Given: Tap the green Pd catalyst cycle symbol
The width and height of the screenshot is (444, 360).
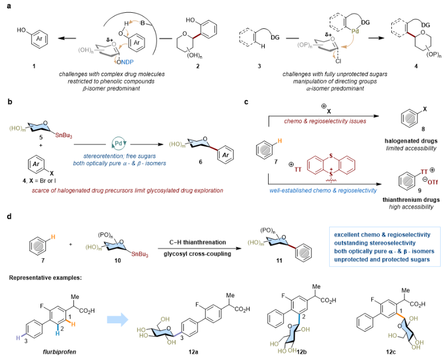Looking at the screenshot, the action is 119,143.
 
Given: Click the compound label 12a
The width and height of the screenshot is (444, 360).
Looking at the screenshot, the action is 194,352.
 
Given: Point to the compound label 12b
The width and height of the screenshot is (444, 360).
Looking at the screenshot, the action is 301,352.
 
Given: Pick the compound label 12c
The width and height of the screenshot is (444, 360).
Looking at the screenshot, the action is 390,352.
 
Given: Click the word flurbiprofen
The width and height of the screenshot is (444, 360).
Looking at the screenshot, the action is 59,352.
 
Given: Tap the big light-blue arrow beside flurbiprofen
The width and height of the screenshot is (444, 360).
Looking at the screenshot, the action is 118,320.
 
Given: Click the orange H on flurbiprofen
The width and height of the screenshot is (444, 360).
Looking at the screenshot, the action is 73,323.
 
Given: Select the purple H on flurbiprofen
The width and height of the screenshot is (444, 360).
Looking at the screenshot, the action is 18,338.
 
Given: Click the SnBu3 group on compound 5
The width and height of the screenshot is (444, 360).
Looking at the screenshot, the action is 63,136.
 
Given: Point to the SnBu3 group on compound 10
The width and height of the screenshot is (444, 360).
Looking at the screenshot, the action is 140,254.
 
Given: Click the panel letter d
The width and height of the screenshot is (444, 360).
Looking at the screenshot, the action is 9,217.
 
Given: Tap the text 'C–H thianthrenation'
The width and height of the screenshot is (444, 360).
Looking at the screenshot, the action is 198,242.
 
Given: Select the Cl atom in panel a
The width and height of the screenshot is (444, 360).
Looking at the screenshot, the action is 339,60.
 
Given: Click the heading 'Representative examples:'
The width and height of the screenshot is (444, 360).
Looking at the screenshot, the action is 46,278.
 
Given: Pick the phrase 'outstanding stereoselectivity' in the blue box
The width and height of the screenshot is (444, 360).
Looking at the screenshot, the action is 375,243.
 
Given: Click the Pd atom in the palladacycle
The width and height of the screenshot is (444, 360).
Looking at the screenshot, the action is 355,32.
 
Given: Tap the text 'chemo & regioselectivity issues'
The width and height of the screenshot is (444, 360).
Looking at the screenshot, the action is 325,121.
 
